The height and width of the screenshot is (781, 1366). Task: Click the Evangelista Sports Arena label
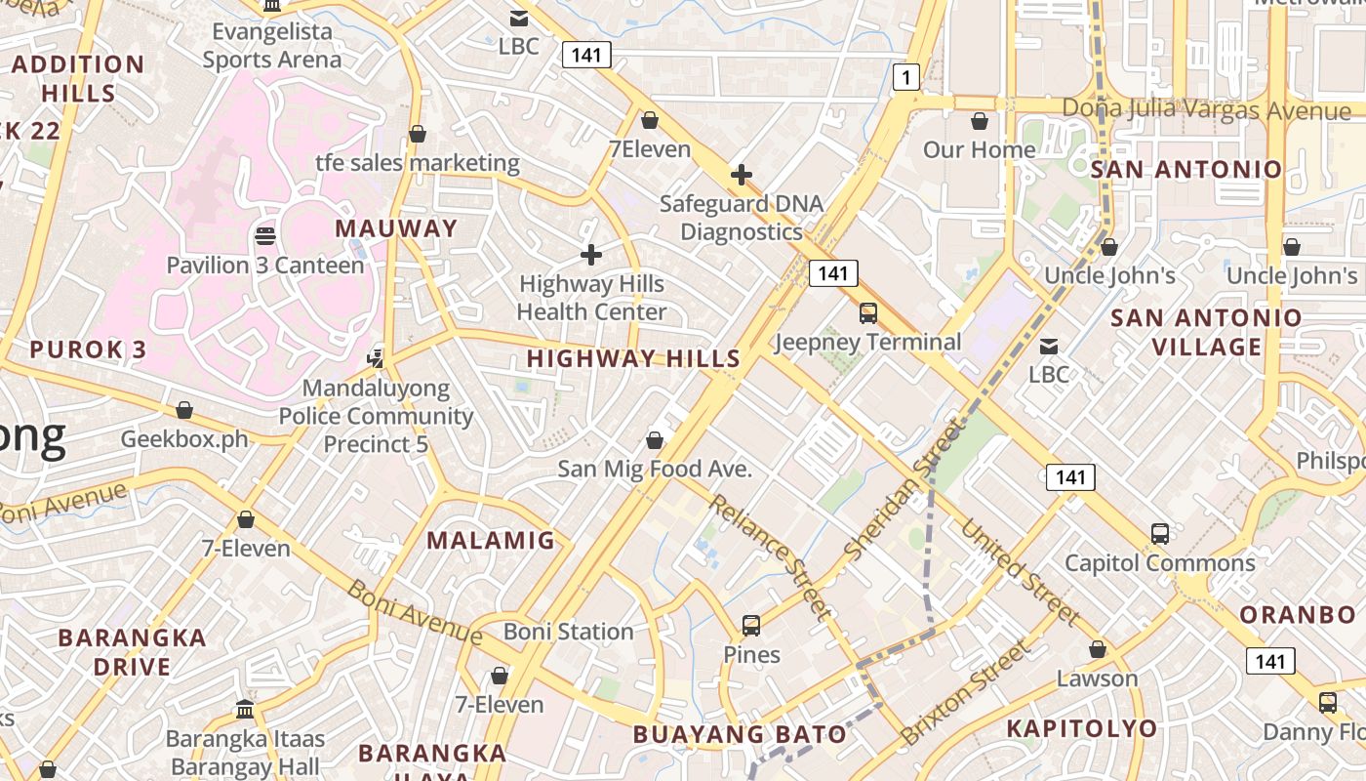point(272,45)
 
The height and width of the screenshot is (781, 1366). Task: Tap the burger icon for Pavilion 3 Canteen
point(264,235)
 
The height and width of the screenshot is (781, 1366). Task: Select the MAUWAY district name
point(396,228)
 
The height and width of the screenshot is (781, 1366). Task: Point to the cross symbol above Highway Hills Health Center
point(590,255)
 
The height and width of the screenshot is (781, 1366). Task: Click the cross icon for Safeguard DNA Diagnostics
point(742,175)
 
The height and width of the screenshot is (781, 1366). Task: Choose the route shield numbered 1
point(906,77)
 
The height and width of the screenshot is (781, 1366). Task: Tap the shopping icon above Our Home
point(980,121)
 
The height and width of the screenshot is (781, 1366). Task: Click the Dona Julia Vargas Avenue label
point(1206,109)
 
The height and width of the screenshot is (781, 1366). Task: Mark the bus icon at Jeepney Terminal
point(867,313)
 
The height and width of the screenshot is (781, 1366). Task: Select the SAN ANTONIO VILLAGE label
point(1206,332)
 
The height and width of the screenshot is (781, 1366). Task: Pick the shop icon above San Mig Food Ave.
point(655,441)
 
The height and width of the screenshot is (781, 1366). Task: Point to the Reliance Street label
point(770,556)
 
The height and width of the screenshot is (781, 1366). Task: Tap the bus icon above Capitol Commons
point(1159,534)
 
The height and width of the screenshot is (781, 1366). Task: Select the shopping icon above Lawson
point(1098,649)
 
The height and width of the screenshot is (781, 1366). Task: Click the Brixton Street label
point(965,692)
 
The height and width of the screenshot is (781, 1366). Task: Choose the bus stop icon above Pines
point(751,626)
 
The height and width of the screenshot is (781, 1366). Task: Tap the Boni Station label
point(569,632)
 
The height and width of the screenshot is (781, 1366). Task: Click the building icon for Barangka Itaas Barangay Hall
point(245,710)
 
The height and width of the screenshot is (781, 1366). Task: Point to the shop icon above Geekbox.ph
point(184,410)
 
